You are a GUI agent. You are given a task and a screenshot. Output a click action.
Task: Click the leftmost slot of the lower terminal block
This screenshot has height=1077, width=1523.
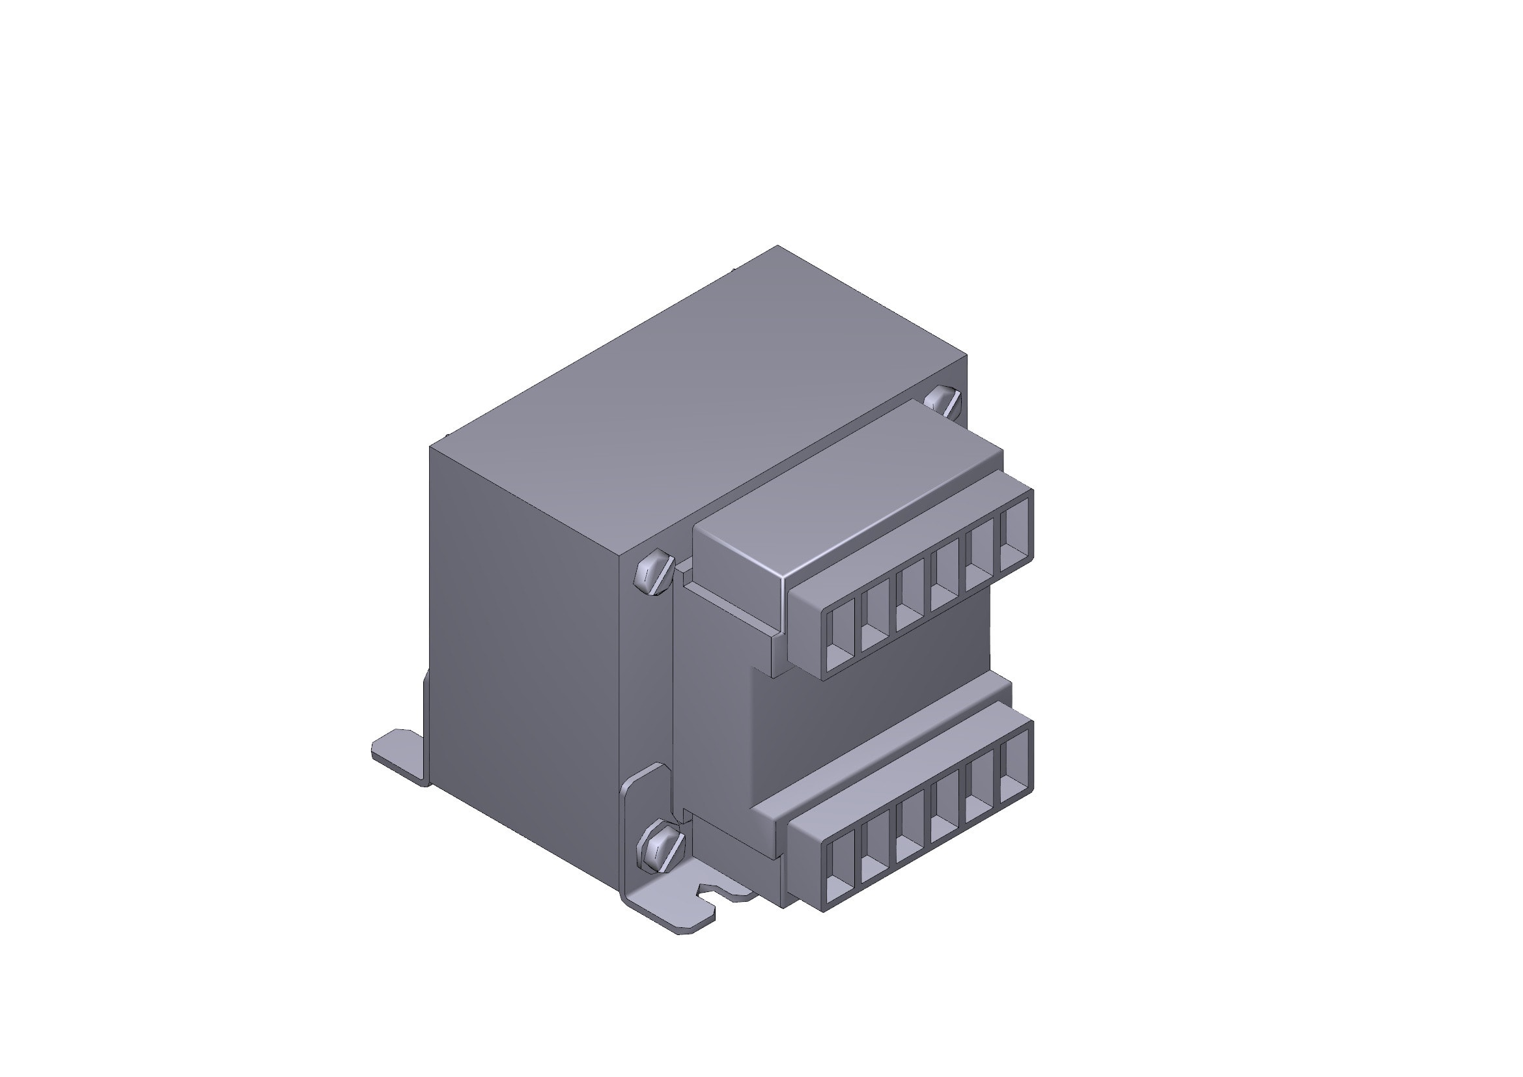[839, 870]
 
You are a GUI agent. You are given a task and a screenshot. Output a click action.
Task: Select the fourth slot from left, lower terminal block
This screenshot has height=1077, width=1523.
[944, 811]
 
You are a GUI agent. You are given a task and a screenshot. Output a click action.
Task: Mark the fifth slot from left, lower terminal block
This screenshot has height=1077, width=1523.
[979, 790]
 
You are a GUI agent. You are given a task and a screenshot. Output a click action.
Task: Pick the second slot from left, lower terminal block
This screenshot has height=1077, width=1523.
[874, 850]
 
